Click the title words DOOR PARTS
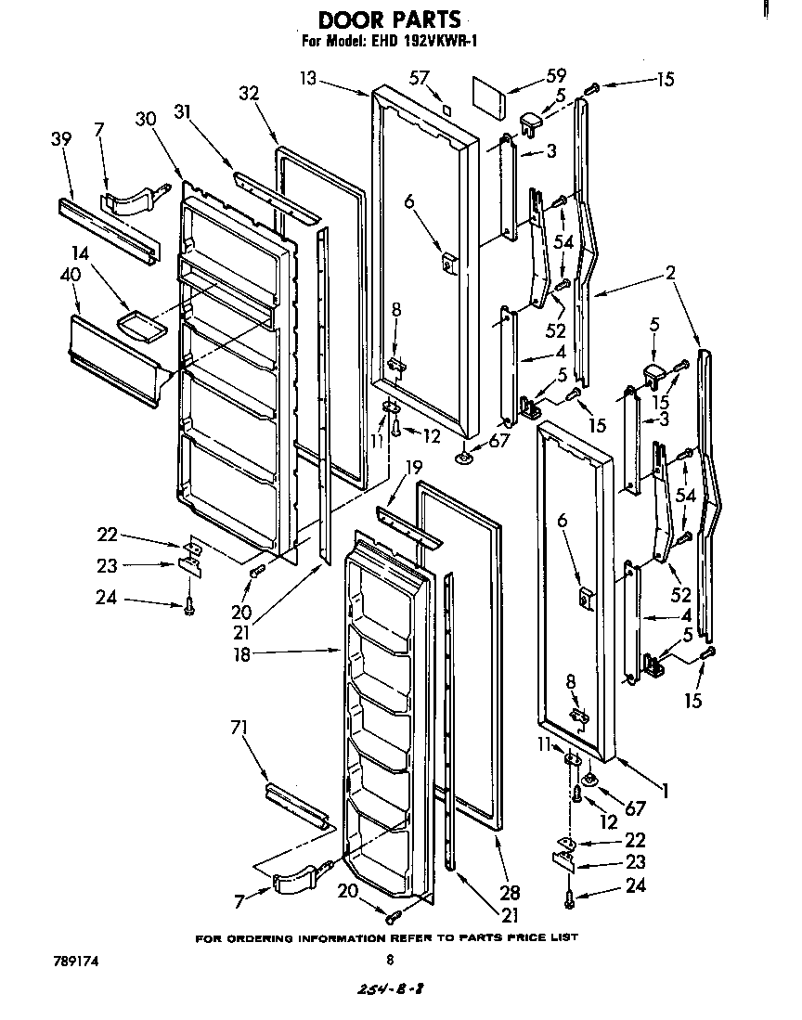[x=389, y=19]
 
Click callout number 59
[x=530, y=74]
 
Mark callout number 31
[x=183, y=113]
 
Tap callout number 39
[x=61, y=138]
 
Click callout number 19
[x=413, y=467]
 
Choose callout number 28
[x=509, y=893]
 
